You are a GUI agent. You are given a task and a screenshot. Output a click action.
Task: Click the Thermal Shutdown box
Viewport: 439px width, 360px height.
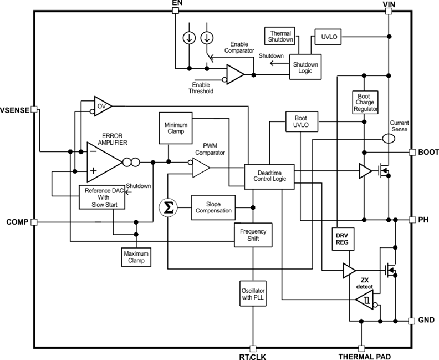[x=280, y=37]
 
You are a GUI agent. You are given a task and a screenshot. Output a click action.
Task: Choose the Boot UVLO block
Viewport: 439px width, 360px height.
[x=301, y=122]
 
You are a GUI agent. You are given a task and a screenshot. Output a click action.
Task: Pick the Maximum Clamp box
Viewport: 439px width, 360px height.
[x=136, y=256]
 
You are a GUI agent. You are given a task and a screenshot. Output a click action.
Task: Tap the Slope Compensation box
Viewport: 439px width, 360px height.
[x=212, y=208]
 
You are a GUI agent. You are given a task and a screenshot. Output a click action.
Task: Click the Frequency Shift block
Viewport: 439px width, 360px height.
[x=253, y=235]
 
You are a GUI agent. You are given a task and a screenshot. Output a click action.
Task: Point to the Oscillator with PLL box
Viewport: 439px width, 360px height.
[x=253, y=295]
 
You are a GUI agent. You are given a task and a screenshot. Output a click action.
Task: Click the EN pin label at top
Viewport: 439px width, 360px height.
[x=177, y=4]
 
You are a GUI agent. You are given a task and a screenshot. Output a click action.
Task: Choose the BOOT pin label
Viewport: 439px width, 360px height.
[x=428, y=151]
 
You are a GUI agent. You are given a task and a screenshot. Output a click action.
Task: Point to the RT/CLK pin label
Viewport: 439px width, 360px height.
[x=253, y=356]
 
